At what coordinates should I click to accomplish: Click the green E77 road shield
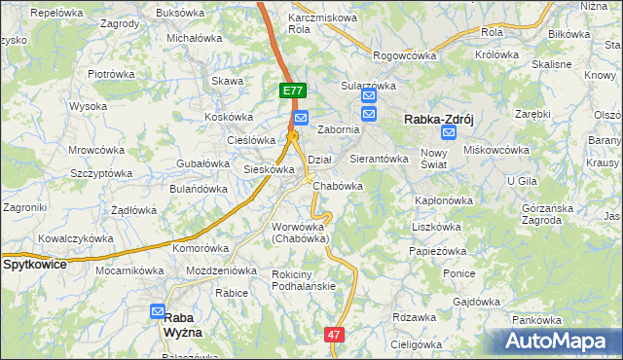(293, 90)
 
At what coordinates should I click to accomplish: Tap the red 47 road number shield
(334, 334)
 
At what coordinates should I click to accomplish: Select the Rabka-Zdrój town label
(439, 120)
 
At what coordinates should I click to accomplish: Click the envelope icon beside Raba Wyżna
(159, 311)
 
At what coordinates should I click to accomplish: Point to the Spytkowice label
(34, 264)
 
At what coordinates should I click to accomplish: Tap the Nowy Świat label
(433, 158)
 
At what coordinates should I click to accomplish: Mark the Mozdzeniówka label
(222, 270)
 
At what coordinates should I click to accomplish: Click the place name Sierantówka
(378, 158)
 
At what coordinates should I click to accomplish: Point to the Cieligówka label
(415, 343)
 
